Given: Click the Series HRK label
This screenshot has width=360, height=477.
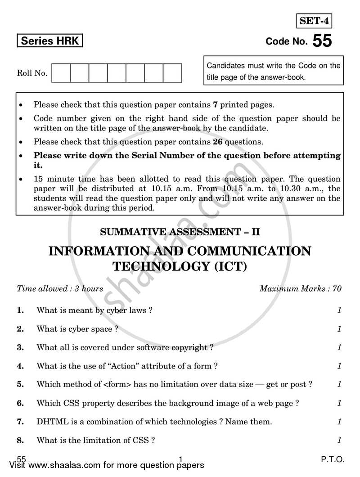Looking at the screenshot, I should [50, 41].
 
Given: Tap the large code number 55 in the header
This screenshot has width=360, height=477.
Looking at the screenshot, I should [322, 41].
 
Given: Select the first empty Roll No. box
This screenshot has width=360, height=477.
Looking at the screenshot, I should [61, 73].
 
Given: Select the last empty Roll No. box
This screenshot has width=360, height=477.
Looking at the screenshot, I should [172, 73].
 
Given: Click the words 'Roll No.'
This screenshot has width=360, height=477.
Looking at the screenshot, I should [32, 73].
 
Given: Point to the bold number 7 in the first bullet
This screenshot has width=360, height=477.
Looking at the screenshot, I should [215, 105].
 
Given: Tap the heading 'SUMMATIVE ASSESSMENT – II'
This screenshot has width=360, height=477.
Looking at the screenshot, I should [180, 233].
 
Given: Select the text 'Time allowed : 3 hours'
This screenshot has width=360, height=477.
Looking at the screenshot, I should [60, 289].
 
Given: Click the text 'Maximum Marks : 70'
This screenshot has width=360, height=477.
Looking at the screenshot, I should [300, 289].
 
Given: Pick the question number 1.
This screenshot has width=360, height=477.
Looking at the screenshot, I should [20, 310].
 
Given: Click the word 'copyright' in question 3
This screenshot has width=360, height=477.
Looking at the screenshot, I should [188, 347].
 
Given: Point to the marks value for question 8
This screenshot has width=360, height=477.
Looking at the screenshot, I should [339, 441].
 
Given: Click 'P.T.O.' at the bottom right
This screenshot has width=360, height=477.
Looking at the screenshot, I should [333, 459].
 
